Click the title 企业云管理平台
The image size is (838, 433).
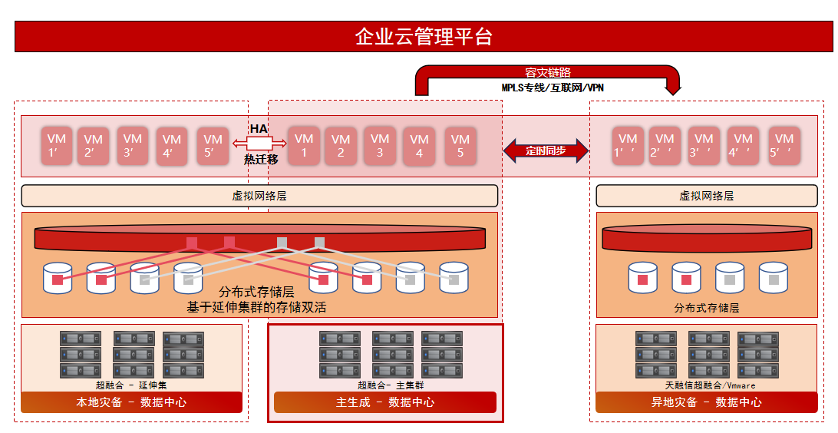pyautogui.click(x=424, y=36)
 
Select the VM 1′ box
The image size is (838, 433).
pyautogui.click(x=57, y=145)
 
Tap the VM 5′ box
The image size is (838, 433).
pyautogui.click(x=213, y=145)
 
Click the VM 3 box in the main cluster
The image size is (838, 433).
pyautogui.click(x=380, y=145)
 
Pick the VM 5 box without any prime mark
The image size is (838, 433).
pyautogui.click(x=460, y=145)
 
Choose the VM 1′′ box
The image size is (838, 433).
pyautogui.click(x=628, y=145)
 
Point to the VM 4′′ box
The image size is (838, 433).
pyautogui.click(x=744, y=145)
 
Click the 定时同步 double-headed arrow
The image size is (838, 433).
pyautogui.click(x=546, y=150)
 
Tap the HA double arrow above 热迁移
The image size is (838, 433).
pyautogui.click(x=259, y=143)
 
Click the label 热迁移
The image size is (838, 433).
pyautogui.click(x=262, y=159)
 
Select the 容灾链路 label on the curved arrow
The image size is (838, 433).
pyautogui.click(x=548, y=72)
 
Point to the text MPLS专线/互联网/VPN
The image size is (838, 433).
pyautogui.click(x=553, y=88)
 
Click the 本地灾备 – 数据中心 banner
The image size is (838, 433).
pyautogui.click(x=131, y=402)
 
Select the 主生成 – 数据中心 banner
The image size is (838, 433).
pyautogui.click(x=385, y=402)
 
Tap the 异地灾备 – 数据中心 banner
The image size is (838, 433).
pyautogui.click(x=707, y=402)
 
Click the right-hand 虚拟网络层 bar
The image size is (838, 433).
pyautogui.click(x=707, y=196)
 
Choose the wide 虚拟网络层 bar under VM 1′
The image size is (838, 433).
pyautogui.click(x=259, y=196)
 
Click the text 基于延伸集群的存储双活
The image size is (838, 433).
pyautogui.click(x=256, y=307)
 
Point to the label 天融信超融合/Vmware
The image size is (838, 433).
pyautogui.click(x=711, y=385)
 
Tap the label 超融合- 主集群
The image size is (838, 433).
pyautogui.click(x=391, y=385)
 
